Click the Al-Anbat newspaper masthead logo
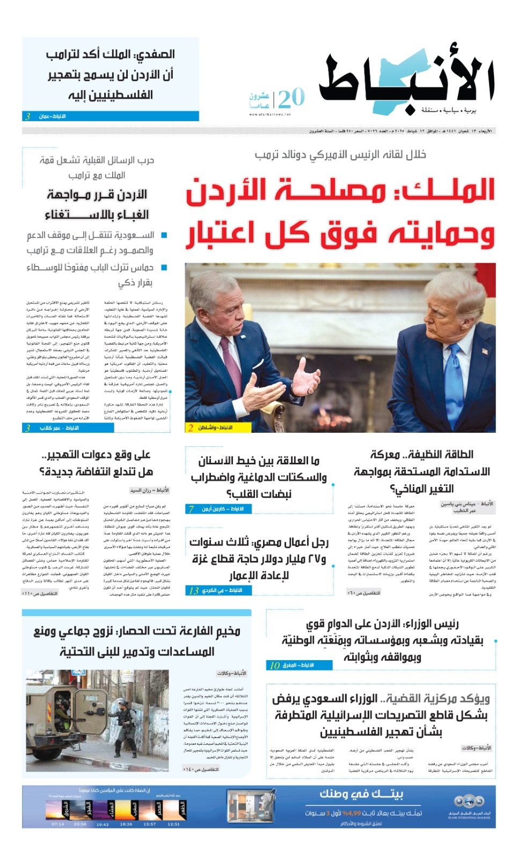[x=406, y=83]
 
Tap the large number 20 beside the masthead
[x=291, y=98]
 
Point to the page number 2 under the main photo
[x=191, y=427]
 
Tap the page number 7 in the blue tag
[x=191, y=509]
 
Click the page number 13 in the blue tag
[x=194, y=590]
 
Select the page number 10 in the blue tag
[x=274, y=665]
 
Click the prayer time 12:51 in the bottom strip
[x=173, y=824]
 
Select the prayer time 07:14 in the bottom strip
[x=57, y=824]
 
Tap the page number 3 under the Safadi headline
[x=27, y=116]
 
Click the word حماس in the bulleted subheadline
[x=142, y=267]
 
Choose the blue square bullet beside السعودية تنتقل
[x=164, y=235]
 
